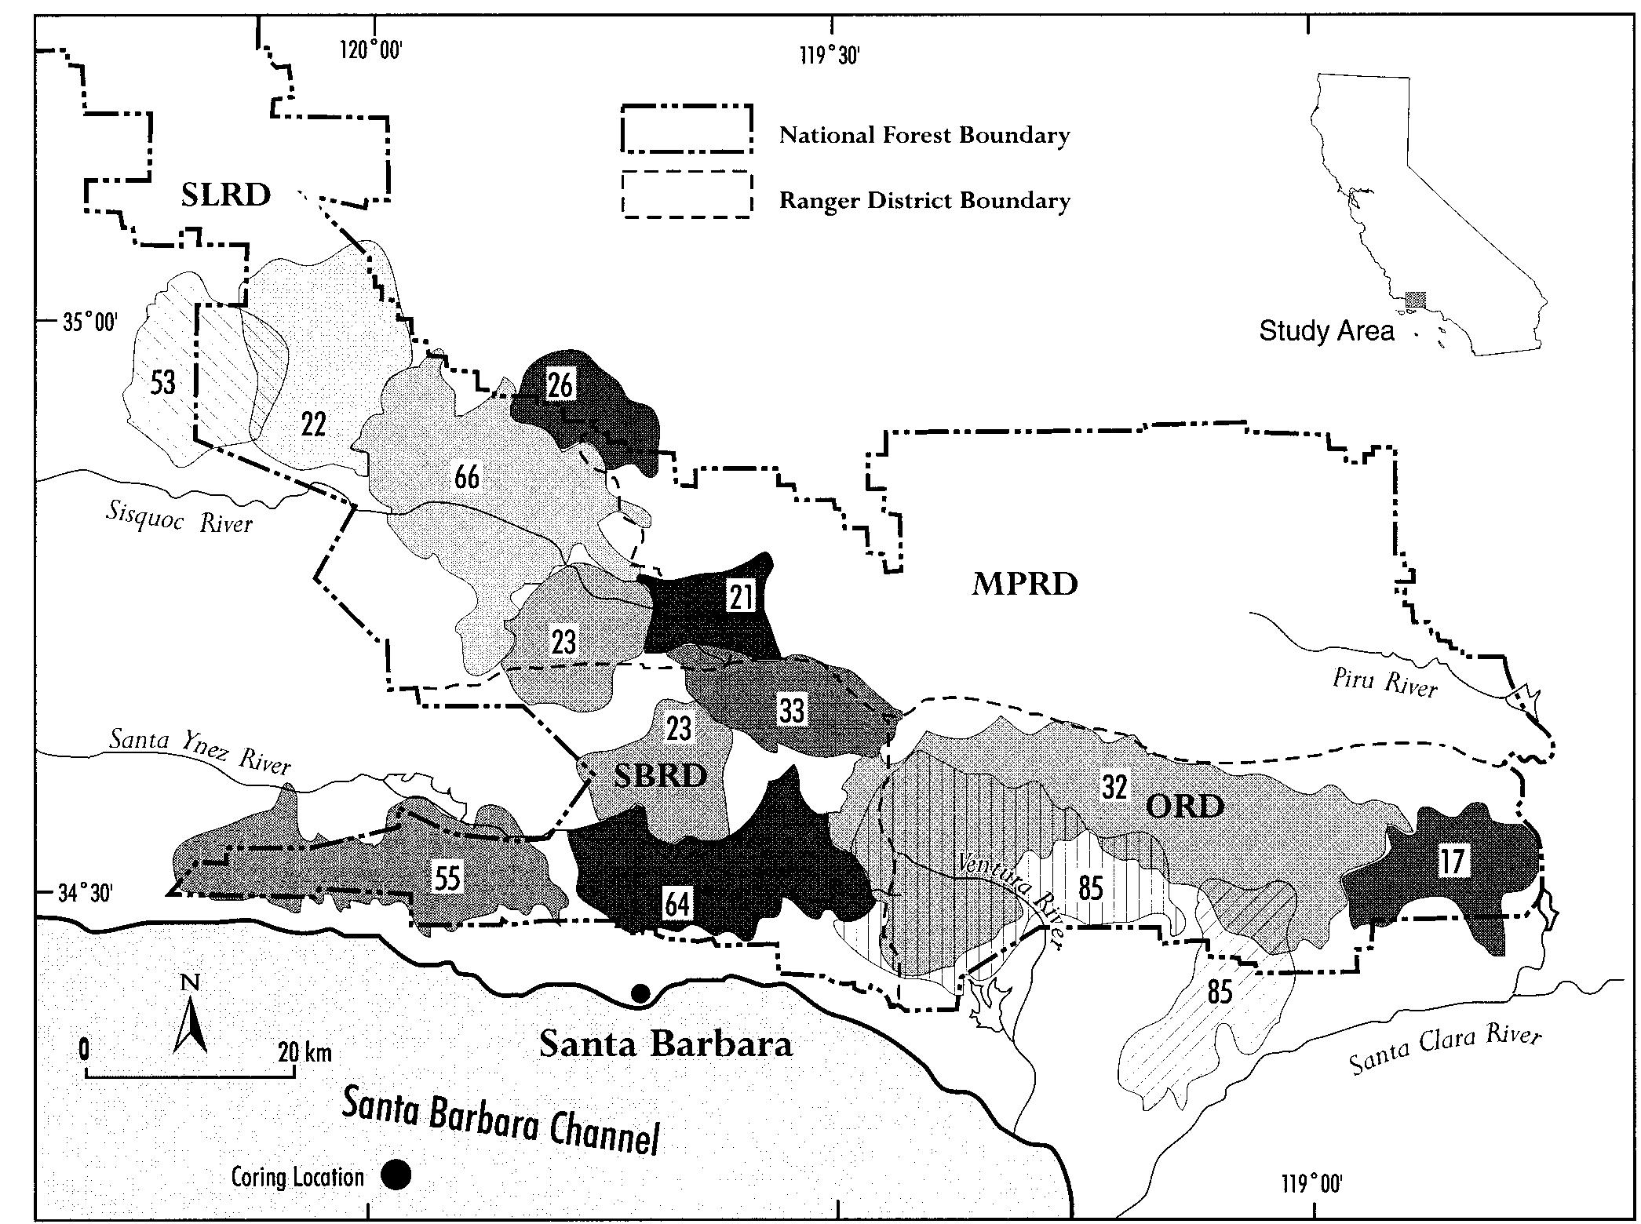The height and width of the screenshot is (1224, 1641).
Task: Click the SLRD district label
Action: pyautogui.click(x=226, y=195)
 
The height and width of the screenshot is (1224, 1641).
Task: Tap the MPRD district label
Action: pyautogui.click(x=1025, y=585)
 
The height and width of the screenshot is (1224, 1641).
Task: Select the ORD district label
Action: pyautogui.click(x=1185, y=806)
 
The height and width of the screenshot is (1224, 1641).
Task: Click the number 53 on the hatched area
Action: pyautogui.click(x=163, y=383)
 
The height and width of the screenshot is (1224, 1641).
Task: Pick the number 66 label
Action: pyautogui.click(x=467, y=476)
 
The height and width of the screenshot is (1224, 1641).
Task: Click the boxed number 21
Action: pyautogui.click(x=741, y=598)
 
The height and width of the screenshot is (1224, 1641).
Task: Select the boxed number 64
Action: pyautogui.click(x=678, y=904)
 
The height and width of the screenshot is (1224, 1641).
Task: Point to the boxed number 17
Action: pyautogui.click(x=1452, y=861)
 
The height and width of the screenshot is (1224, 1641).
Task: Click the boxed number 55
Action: pyautogui.click(x=447, y=879)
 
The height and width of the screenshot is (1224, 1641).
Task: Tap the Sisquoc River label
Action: pyautogui.click(x=180, y=516)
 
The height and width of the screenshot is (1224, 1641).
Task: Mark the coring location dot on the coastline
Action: pyautogui.click(x=640, y=993)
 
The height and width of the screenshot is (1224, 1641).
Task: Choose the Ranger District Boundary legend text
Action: pyautogui.click(x=924, y=201)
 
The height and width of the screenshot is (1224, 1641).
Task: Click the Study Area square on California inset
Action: pyautogui.click(x=1415, y=299)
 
